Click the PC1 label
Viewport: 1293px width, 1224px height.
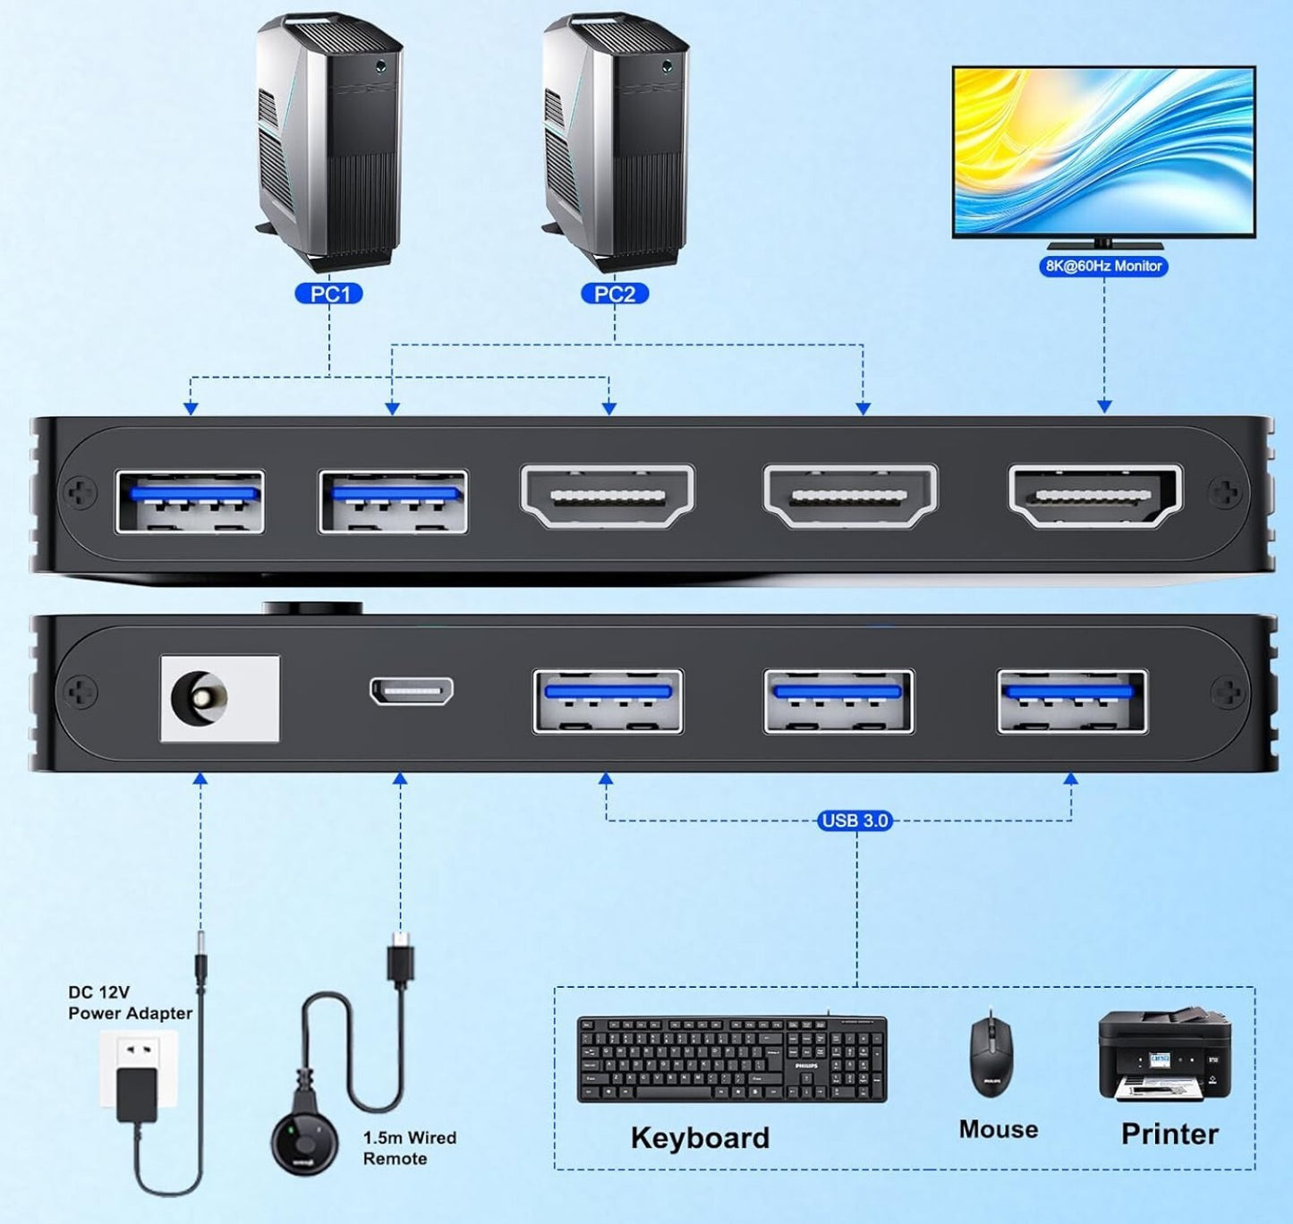coord(329,293)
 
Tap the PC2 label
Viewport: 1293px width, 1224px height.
coord(615,293)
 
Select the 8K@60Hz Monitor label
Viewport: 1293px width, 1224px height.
coord(1103,266)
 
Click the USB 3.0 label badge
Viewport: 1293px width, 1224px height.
coord(855,820)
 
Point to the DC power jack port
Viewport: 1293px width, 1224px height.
coord(203,698)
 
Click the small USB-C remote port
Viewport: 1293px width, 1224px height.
coord(412,691)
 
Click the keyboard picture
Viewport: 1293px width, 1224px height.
coord(731,1058)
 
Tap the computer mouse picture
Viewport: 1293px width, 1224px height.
coord(991,1054)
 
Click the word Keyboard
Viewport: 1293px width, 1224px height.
coord(700,1137)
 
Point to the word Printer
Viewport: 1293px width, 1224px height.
coord(1170,1134)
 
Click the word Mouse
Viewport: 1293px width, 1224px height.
coord(998,1129)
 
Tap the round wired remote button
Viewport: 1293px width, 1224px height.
coord(305,1142)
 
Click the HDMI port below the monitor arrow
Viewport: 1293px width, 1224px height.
coord(1095,495)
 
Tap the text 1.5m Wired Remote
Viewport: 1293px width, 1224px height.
coord(409,1148)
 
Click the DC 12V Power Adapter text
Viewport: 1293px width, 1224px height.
coord(130,1003)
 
